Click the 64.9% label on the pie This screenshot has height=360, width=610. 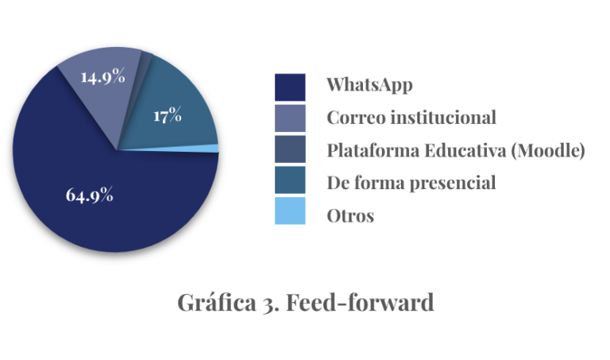[90, 195]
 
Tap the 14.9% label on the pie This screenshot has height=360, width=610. [102, 75]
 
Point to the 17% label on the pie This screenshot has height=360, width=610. [168, 115]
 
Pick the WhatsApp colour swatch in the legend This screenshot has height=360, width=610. [290, 87]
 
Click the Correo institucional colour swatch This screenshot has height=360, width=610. [290, 118]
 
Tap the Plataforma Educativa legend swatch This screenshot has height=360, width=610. [290, 149]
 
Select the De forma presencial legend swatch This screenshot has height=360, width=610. [290, 180]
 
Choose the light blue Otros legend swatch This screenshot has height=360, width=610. [290, 211]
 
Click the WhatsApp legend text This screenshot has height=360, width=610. [369, 85]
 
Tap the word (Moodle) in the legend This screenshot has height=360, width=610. [548, 150]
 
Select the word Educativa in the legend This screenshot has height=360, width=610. [465, 150]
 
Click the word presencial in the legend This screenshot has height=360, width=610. [453, 183]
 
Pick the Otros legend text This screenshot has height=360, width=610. [350, 216]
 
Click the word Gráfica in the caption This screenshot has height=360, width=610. [217, 303]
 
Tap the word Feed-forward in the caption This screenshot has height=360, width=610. [360, 302]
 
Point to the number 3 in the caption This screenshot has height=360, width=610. [268, 304]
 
